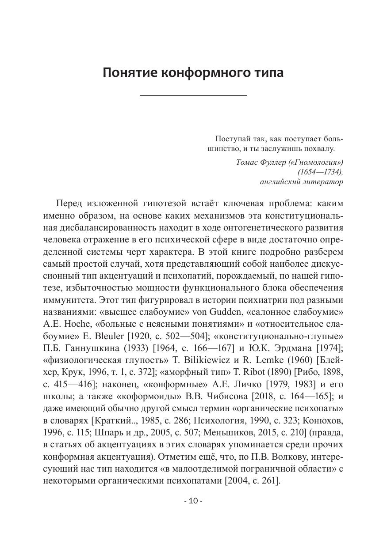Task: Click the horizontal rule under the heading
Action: (193, 95)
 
